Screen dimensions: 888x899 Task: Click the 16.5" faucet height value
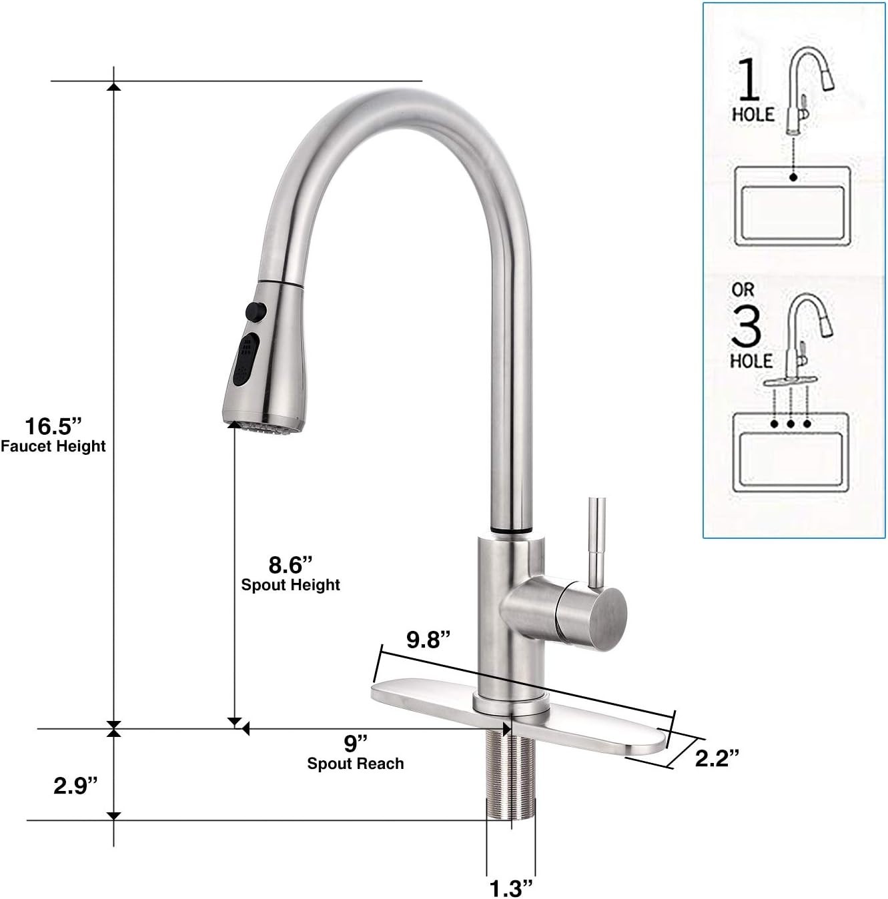[x=53, y=426]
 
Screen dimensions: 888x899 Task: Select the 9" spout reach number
[x=356, y=743]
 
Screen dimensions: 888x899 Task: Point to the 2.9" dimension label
[x=75, y=786]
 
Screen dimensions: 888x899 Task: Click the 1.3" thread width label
[x=510, y=888]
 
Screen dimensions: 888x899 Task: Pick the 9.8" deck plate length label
[x=428, y=639]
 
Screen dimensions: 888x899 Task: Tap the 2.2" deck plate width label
[x=717, y=758]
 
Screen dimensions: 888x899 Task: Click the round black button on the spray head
[x=256, y=311]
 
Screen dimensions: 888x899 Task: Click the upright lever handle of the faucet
[x=596, y=542]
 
